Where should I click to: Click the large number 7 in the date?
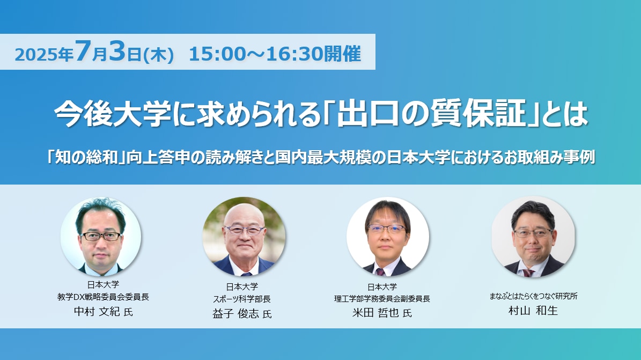coord(82,52)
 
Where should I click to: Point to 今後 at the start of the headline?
coord(83,113)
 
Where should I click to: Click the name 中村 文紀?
coord(97,311)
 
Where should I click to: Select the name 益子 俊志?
coord(236,314)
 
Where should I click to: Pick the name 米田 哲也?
coord(375,313)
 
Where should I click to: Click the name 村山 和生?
coord(533,311)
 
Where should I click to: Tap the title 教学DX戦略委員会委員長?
coord(103,297)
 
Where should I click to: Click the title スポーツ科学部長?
coord(241,299)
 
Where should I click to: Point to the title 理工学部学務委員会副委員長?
coord(382,299)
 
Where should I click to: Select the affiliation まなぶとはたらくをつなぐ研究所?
coord(534,296)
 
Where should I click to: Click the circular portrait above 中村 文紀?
coord(101,237)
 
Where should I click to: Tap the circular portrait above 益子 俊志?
coord(244,237)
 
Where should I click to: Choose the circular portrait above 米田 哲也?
coord(388,237)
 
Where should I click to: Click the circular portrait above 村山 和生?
coord(533,237)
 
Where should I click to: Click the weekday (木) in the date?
coord(159,54)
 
